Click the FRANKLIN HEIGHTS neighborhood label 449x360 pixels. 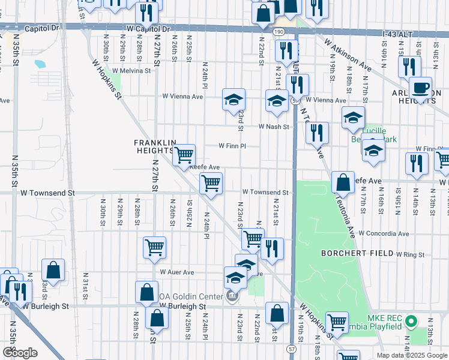click(x=155, y=146)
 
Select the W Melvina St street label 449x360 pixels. click(x=131, y=70)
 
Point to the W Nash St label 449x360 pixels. click(x=274, y=127)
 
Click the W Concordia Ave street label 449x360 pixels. click(x=384, y=233)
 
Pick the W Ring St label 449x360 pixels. click(x=410, y=255)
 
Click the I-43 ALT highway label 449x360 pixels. click(x=397, y=35)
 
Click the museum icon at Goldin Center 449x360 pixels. click(x=232, y=295)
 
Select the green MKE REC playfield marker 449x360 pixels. click(x=411, y=322)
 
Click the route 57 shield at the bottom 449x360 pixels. click(x=292, y=348)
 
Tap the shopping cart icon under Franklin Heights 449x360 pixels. click(x=184, y=155)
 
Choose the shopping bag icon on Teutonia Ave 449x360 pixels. click(x=342, y=181)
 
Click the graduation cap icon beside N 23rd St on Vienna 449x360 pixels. click(x=234, y=99)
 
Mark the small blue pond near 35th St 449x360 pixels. click(x=40, y=63)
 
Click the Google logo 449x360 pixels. click(x=20, y=352)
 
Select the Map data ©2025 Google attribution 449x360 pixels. click(x=412, y=355)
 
